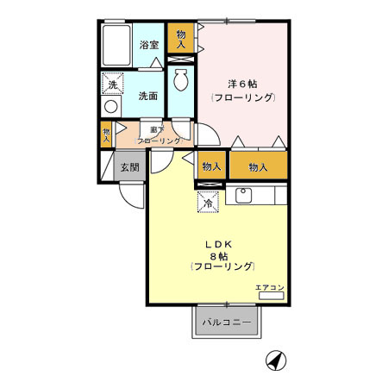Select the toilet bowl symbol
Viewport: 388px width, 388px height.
tap(180, 82)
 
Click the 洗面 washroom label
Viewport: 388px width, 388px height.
tap(147, 96)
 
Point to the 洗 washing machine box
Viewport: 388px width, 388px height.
tap(112, 84)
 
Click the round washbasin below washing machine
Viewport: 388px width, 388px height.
tap(110, 107)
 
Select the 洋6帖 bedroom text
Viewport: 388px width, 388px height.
tap(242, 84)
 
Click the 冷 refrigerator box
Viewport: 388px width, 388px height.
tap(209, 203)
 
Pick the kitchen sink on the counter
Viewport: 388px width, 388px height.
tap(242, 195)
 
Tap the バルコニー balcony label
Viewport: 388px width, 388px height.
tap(227, 322)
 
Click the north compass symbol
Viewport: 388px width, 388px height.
tap(275, 361)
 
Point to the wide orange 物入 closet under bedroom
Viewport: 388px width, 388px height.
tap(258, 166)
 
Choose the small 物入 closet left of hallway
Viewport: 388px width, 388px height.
tap(106, 134)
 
